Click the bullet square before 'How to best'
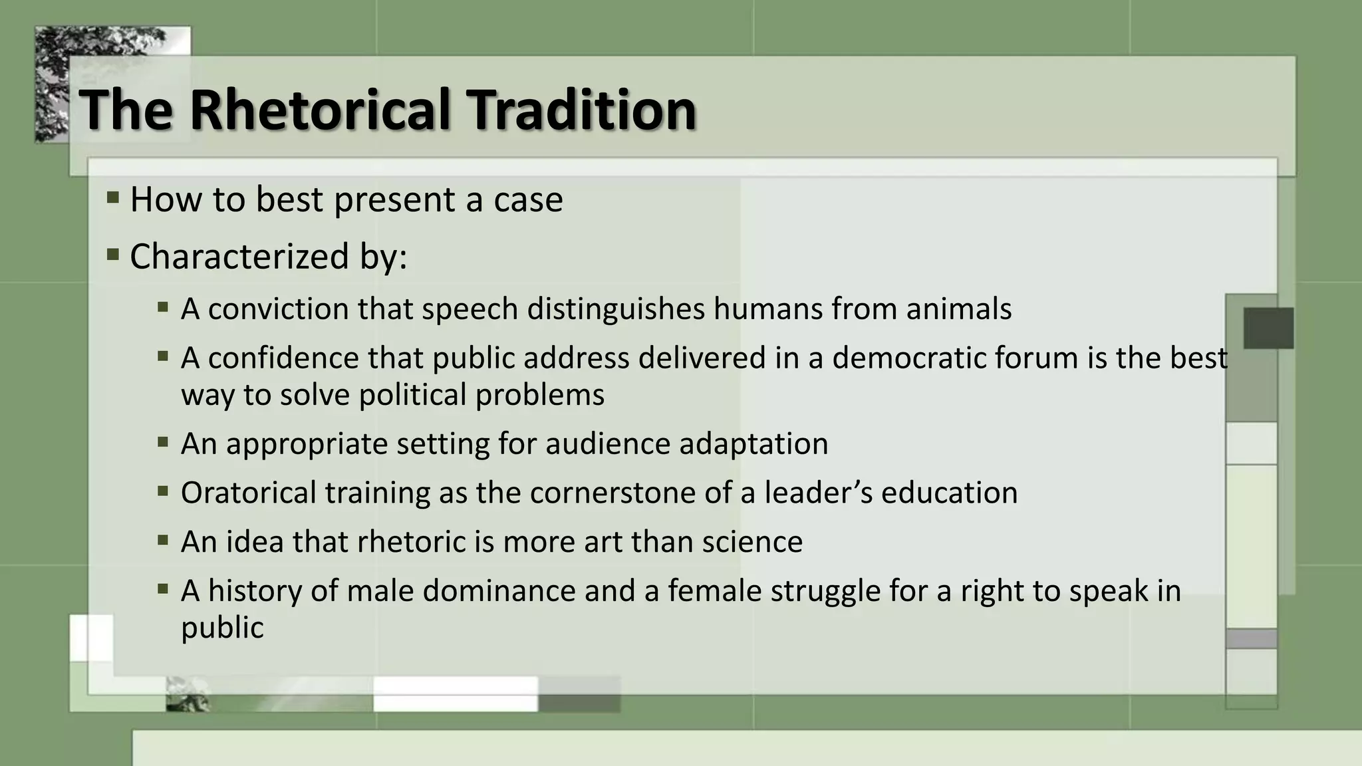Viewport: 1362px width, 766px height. (113, 197)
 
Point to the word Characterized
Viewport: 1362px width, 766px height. (239, 257)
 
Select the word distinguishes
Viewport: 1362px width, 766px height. (616, 309)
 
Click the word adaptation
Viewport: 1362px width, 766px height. (753, 444)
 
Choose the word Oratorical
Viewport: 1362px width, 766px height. (248, 493)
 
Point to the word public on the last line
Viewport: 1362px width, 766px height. (222, 628)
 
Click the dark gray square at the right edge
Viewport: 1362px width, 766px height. (1268, 328)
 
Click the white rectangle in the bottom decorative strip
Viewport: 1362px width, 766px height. (456, 694)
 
